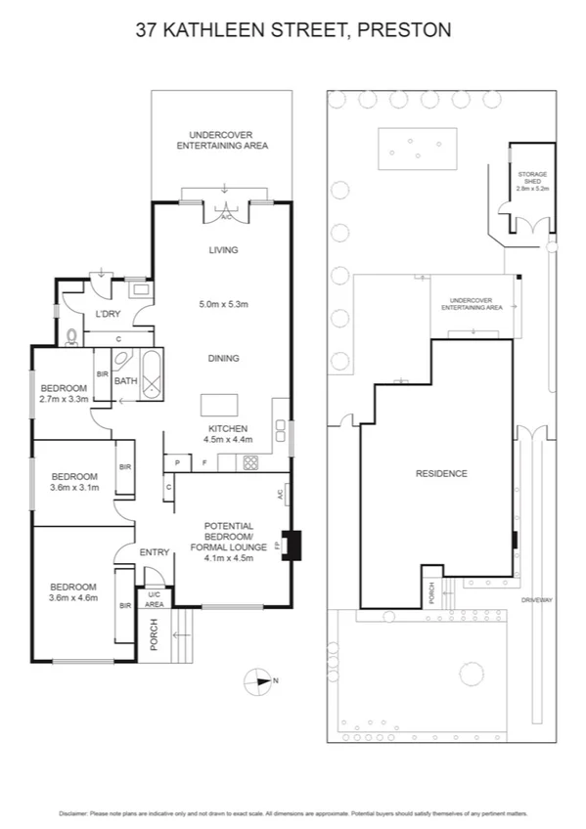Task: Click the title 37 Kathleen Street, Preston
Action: [x=293, y=30]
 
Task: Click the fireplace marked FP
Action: [x=292, y=545]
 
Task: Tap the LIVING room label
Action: [x=223, y=250]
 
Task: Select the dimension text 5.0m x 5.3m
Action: [x=223, y=304]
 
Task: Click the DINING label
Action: [x=223, y=358]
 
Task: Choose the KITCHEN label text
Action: [x=227, y=428]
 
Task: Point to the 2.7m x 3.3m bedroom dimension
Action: [x=65, y=399]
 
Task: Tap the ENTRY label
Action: [x=154, y=553]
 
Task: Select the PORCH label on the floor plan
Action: [x=154, y=635]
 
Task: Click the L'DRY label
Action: [x=108, y=314]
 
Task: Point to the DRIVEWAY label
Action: [x=537, y=599]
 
